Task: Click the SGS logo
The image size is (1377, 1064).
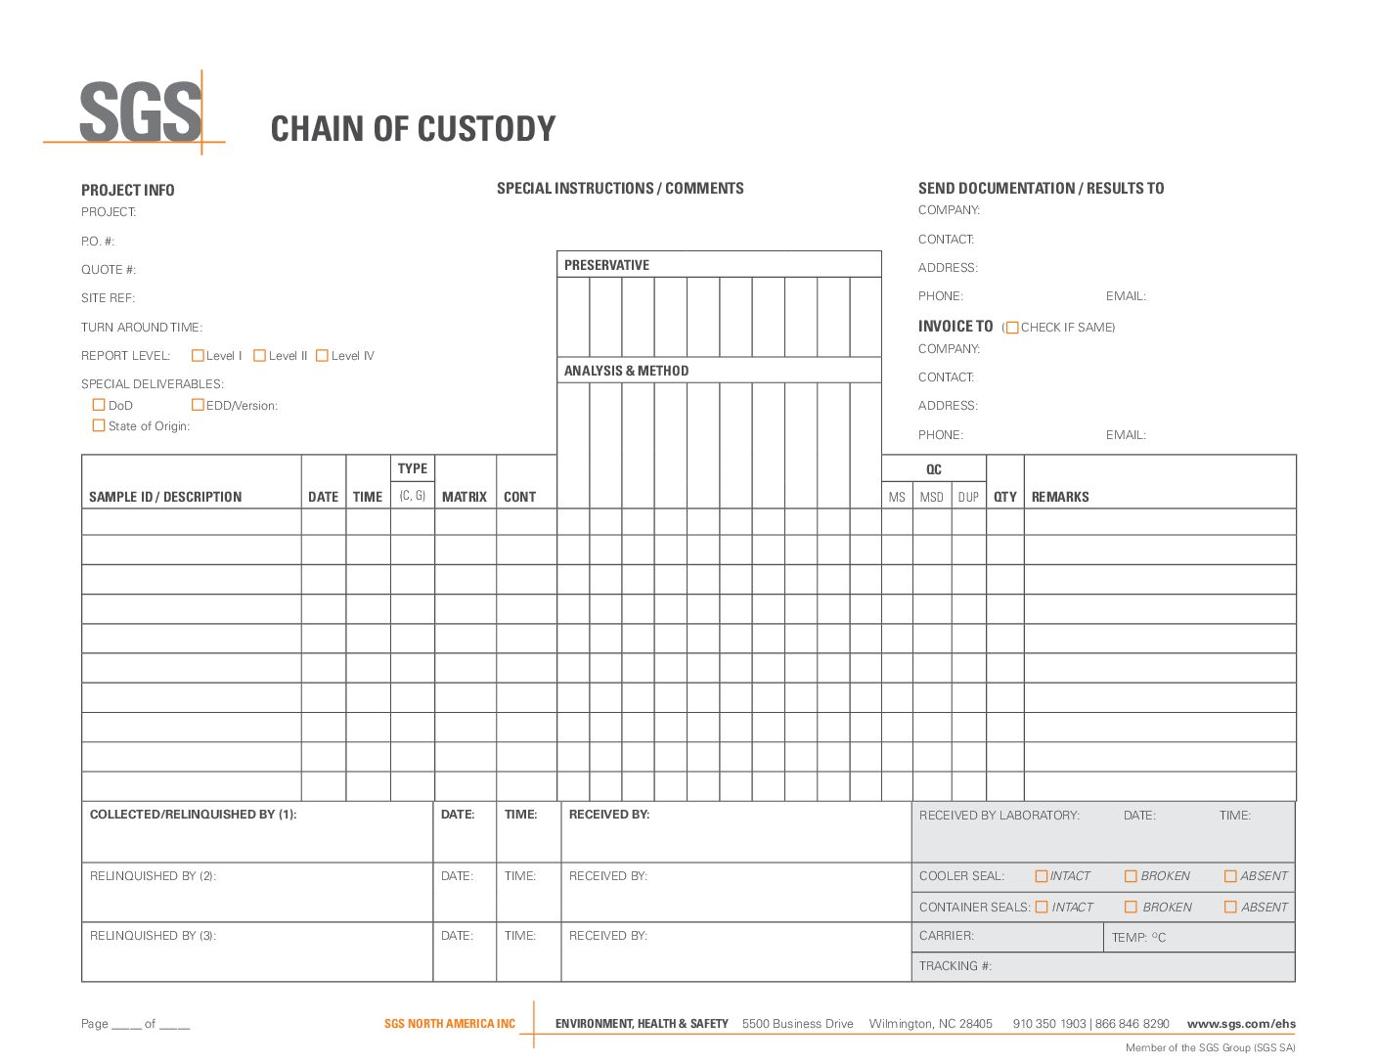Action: (140, 112)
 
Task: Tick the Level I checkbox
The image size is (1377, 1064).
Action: (198, 356)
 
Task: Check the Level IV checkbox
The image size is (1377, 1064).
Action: (322, 356)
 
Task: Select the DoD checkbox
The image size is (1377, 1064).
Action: (99, 405)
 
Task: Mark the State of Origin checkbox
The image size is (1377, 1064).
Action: (99, 425)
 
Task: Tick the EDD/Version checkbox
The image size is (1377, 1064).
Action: (198, 405)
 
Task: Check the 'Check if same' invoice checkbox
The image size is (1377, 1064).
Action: (1012, 328)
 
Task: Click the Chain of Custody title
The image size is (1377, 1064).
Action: (413, 129)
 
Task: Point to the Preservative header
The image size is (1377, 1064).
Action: (606, 265)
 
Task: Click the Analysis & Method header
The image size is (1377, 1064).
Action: (626, 371)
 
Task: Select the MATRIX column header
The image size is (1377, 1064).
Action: (464, 497)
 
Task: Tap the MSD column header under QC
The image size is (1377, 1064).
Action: (931, 497)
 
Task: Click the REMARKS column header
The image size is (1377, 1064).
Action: (1059, 497)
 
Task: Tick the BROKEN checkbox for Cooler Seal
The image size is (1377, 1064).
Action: (1131, 876)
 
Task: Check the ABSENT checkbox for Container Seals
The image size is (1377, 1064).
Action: (1230, 908)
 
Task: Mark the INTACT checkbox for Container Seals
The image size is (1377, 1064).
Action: (1042, 908)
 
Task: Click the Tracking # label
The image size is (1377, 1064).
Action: (955, 966)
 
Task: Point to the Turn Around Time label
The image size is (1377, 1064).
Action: (142, 328)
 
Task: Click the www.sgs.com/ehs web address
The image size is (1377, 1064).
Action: (1241, 1024)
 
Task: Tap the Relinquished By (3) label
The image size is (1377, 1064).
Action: (153, 936)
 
